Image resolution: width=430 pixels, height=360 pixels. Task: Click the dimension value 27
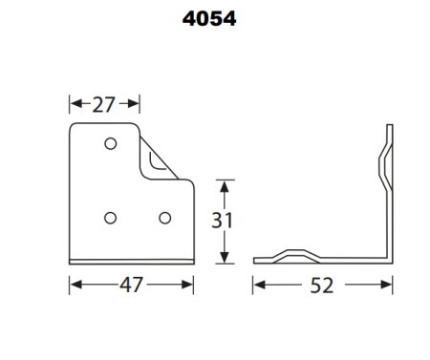105,104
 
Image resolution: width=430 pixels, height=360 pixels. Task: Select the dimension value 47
132,285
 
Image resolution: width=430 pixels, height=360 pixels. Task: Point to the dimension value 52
323,285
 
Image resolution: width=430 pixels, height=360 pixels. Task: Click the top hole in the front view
111,143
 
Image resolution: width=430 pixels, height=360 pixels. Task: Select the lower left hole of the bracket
111,217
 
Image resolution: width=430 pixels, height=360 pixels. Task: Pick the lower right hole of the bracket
163,217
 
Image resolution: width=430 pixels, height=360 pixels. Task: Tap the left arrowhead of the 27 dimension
75,104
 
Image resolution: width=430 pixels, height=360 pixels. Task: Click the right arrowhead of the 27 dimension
136,104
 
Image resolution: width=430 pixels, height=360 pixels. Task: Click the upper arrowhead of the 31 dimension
223,182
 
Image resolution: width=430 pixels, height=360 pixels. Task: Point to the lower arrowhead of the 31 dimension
223,258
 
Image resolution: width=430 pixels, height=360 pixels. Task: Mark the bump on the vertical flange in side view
383,162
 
